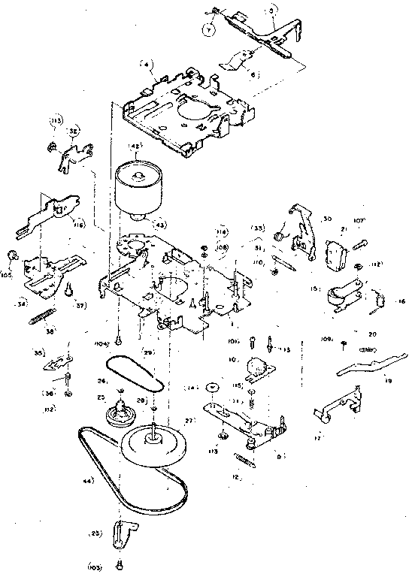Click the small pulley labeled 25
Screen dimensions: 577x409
coord(123,412)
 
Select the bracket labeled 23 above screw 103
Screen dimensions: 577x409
coord(123,534)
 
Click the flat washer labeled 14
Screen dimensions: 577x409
coord(213,387)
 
